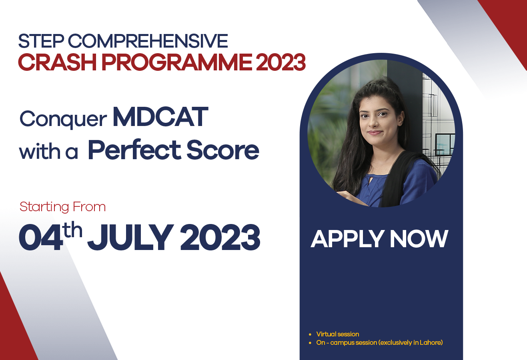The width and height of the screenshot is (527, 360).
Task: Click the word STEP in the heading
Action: [41, 41]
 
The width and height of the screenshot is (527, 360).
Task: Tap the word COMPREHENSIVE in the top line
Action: [148, 41]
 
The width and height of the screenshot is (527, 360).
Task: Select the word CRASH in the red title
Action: [57, 62]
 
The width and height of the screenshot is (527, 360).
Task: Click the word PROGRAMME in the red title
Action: [177, 62]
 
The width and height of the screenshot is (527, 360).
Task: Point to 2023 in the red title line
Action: [281, 62]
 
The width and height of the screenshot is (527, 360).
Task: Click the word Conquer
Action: [63, 120]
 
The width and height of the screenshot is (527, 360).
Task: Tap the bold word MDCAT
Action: [160, 117]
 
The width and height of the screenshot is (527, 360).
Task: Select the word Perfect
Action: [134, 150]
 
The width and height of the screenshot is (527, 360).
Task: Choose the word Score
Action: [222, 150]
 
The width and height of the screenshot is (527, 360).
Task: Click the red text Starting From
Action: [62, 207]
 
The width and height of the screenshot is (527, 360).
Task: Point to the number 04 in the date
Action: [41, 238]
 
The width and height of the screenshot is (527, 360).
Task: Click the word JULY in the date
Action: [130, 238]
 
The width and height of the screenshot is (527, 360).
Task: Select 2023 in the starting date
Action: [220, 238]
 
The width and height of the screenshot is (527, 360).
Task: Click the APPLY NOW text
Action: [379, 239]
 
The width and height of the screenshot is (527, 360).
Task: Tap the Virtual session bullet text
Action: [338, 334]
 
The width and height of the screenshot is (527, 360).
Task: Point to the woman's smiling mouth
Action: [375, 133]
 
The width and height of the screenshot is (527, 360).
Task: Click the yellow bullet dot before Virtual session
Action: [310, 335]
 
